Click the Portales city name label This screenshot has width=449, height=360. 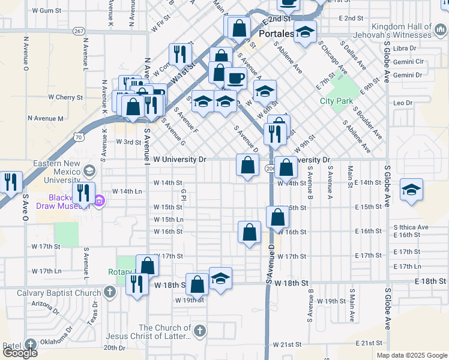point(276,34)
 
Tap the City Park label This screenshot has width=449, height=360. point(336,101)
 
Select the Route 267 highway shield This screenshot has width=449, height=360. point(79,31)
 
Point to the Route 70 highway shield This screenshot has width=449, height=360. point(79,137)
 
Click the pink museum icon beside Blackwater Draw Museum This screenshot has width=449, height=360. point(100,199)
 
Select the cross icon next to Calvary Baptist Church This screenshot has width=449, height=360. point(109,293)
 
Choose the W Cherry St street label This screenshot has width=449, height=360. point(65,97)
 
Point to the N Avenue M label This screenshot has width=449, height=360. point(45,119)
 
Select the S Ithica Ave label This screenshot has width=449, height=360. point(411,227)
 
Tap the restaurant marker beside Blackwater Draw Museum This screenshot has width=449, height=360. point(83,193)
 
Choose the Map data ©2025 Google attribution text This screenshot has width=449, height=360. point(411,355)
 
